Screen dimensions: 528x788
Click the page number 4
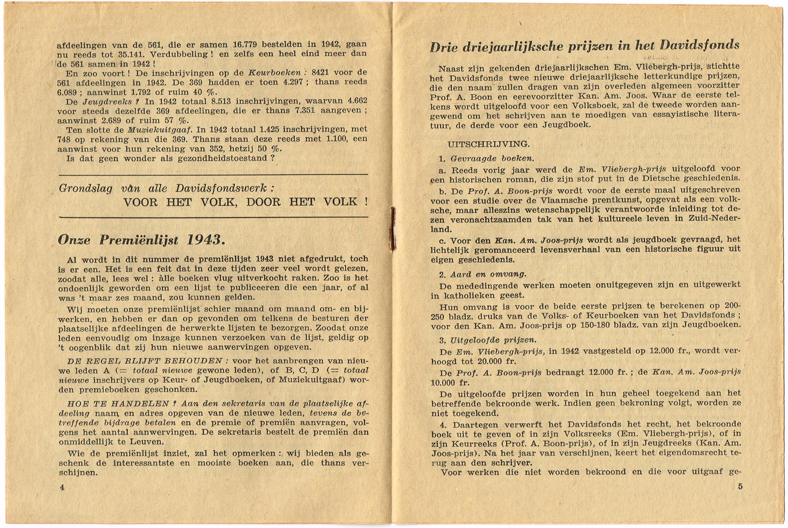point(62,488)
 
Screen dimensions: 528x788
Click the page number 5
point(740,487)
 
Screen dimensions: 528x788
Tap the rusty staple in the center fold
point(392,229)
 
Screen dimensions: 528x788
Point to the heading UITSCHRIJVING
point(488,145)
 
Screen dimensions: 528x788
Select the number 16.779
point(245,44)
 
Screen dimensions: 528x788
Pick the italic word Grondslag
point(85,188)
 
